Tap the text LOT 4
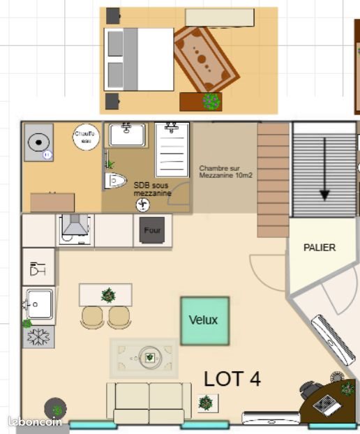click(x=232, y=379)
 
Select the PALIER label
click(x=320, y=248)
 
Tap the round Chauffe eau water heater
click(x=86, y=136)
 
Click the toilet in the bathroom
click(x=114, y=181)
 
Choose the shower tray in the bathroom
click(x=172, y=149)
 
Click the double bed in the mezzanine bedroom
click(x=138, y=59)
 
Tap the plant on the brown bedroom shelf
click(x=211, y=102)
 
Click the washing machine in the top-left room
click(x=39, y=143)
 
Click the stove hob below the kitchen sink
click(x=38, y=336)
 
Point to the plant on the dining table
click(x=108, y=295)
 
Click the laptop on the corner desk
click(x=325, y=404)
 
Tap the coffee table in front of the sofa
click(x=149, y=357)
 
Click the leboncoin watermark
click(x=35, y=421)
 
